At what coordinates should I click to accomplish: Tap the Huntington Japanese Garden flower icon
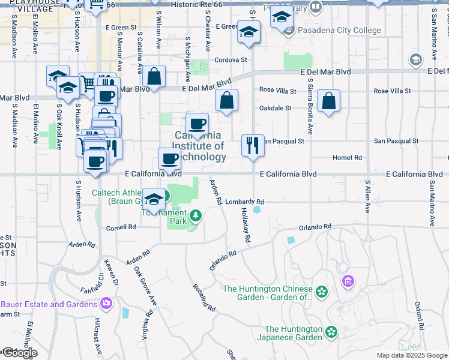point(331,332)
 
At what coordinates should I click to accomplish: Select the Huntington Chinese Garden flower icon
point(322,292)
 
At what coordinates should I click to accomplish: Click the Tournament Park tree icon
point(195,215)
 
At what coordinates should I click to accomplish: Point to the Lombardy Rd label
point(245,202)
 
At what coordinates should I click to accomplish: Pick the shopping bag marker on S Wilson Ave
point(154,76)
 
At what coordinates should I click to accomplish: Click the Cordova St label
point(231,60)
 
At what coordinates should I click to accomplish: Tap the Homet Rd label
point(350,158)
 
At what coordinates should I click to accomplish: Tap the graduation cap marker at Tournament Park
point(154,199)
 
